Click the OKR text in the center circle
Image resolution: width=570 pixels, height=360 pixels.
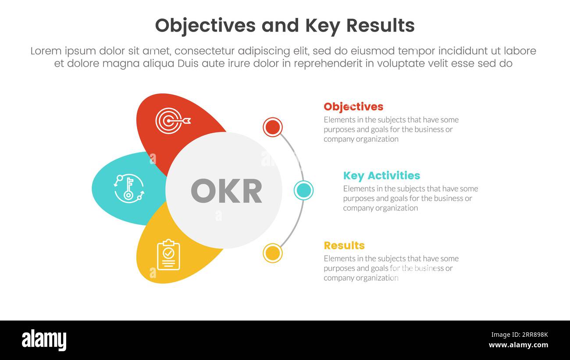(226, 191)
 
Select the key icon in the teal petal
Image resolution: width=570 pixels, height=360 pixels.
(128, 189)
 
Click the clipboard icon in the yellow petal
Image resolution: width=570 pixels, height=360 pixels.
(168, 255)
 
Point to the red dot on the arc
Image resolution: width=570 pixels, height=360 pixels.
(273, 127)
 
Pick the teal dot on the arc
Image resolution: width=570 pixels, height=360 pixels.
(303, 190)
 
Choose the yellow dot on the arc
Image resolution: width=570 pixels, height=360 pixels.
(273, 253)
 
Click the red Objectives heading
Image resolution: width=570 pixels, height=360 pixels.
(353, 107)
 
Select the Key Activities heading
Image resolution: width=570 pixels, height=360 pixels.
(381, 175)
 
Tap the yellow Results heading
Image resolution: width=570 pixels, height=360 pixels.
(344, 245)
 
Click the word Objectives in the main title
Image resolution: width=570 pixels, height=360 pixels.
(205, 25)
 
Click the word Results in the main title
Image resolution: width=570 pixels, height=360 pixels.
(380, 25)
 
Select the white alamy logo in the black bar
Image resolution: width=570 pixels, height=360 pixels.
(44, 340)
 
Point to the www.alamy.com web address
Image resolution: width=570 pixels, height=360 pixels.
(518, 345)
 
